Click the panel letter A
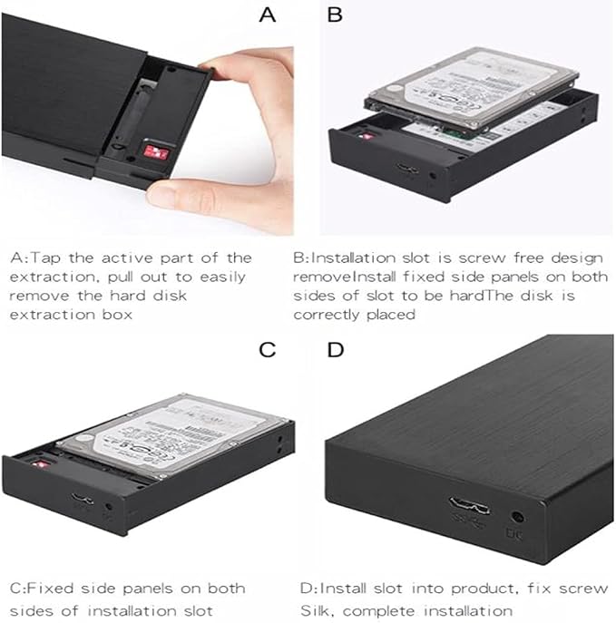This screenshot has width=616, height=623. point(267,15)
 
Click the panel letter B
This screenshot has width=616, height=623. point(335,15)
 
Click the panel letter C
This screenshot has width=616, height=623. point(267,350)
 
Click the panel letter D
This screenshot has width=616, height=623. point(335,350)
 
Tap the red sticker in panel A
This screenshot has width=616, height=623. point(157,151)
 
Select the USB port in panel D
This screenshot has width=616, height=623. point(469,505)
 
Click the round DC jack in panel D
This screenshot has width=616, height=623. point(516,517)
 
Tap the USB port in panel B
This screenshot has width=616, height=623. point(407,168)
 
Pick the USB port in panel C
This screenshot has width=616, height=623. point(83,499)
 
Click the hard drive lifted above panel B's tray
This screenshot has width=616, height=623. point(471,92)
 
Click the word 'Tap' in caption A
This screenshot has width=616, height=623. point(45,258)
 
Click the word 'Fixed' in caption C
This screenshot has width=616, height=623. point(50,588)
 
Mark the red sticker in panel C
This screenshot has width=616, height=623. point(41,463)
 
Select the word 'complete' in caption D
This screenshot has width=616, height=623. point(378,611)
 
